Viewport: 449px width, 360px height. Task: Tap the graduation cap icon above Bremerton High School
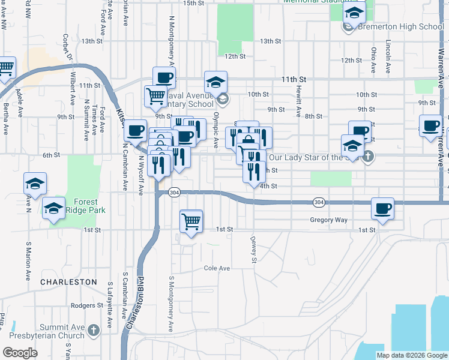pyautogui.click(x=355, y=12)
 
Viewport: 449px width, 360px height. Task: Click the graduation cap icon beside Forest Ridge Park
pyautogui.click(x=53, y=208)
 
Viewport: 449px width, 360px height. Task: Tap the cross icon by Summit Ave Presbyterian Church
pyautogui.click(x=93, y=329)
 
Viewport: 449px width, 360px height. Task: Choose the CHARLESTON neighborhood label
pyautogui.click(x=68, y=281)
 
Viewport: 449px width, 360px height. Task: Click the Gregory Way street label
pyautogui.click(x=328, y=220)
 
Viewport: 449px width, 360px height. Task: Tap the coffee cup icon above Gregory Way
pyautogui.click(x=382, y=209)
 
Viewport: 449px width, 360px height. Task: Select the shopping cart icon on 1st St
pyautogui.click(x=191, y=221)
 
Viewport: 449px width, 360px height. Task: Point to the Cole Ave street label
pyautogui.click(x=217, y=268)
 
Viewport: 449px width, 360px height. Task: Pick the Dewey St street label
pyautogui.click(x=253, y=249)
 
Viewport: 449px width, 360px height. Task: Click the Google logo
pyautogui.click(x=20, y=353)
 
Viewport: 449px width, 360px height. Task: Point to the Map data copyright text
pyautogui.click(x=411, y=355)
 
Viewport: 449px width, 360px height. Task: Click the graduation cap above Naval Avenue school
pyautogui.click(x=215, y=82)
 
